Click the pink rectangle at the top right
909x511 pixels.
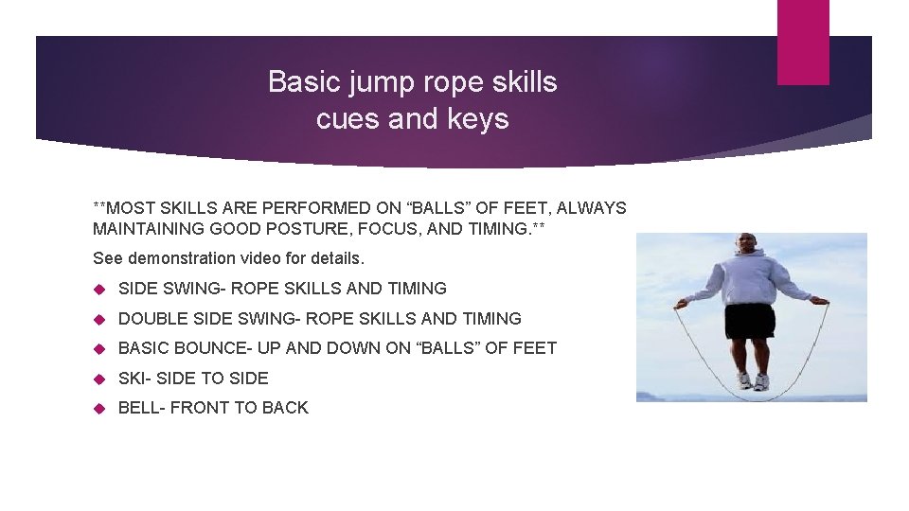coord(803,42)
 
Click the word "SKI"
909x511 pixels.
coord(132,379)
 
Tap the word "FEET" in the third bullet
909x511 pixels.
coord(533,348)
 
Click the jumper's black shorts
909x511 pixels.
coord(750,322)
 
